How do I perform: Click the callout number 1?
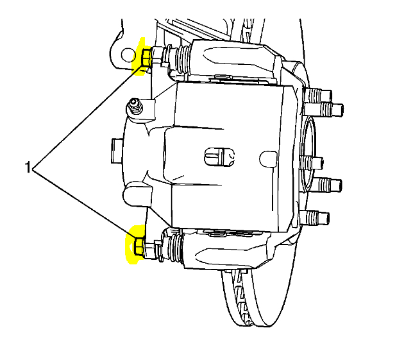coord(28,168)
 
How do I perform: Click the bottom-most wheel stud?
coord(319,217)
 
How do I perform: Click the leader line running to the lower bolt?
coord(83,205)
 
